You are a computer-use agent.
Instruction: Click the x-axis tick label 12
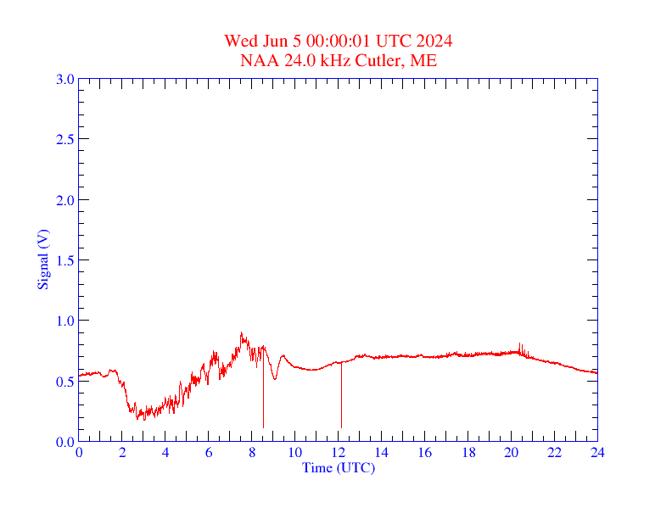339,453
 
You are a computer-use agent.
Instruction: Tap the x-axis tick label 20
511,453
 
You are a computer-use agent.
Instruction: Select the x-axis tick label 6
209,453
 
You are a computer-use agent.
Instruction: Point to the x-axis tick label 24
597,453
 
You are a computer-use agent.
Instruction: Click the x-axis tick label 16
424,453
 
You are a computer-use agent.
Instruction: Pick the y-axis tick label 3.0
64,79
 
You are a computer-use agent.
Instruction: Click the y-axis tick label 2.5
64,139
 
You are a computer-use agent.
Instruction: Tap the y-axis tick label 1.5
64,260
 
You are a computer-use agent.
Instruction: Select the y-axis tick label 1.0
64,321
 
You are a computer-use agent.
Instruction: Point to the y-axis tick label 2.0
64,200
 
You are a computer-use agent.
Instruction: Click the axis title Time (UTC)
339,467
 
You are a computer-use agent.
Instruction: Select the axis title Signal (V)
42,260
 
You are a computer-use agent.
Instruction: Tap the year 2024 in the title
434,42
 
